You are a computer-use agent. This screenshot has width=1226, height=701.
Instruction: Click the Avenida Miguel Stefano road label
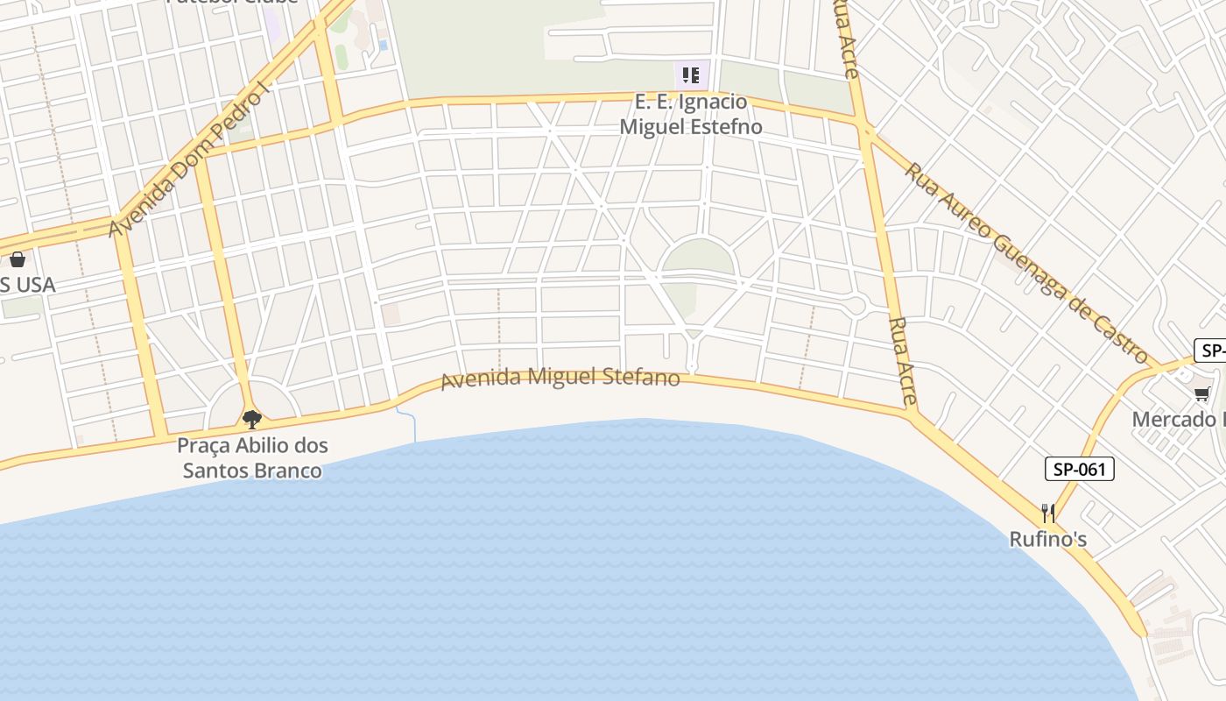560,379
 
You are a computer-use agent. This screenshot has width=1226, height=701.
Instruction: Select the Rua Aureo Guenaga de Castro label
1025,263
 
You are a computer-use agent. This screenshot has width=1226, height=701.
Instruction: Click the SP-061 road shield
1079,469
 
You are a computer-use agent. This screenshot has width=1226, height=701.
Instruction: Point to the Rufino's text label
1048,539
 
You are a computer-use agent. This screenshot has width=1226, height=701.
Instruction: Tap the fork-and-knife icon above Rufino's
1048,512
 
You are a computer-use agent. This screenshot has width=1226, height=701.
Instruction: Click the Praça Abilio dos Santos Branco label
252,457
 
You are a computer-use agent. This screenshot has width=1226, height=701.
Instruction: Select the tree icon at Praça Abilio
252,419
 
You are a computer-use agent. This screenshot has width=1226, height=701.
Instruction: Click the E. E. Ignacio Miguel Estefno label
691,114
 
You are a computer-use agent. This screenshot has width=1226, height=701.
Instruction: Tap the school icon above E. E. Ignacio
691,74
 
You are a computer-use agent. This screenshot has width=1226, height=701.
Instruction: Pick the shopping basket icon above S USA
17,258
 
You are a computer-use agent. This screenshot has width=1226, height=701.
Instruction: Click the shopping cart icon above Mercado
1201,394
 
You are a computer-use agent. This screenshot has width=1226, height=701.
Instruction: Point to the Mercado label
1178,419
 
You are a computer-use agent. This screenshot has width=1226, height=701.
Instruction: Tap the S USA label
28,285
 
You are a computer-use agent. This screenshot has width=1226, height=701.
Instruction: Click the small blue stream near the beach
412,424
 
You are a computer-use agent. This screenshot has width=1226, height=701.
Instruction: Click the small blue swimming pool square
383,44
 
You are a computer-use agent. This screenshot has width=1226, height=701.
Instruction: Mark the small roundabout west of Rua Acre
857,305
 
